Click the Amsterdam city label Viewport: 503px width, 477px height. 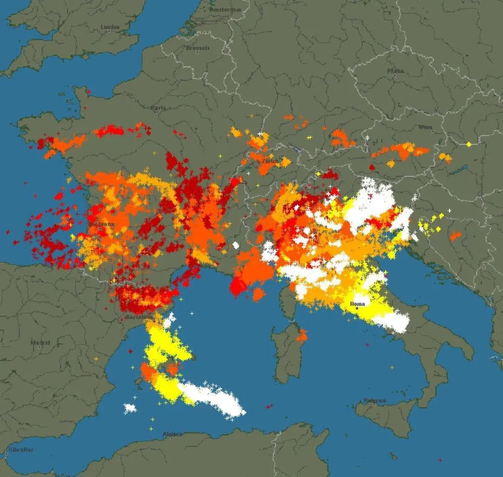[x=226, y=9]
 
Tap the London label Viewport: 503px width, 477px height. [x=110, y=27]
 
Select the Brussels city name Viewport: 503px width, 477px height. [x=198, y=48]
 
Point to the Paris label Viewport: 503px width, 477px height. [x=158, y=108]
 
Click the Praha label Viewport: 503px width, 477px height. [x=395, y=71]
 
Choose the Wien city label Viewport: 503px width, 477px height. [x=425, y=127]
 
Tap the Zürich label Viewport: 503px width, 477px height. [x=270, y=161]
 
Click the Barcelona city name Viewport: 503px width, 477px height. [x=139, y=318]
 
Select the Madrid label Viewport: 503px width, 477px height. [x=40, y=342]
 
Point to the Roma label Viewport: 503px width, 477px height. [x=357, y=304]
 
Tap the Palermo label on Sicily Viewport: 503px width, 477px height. [x=375, y=401]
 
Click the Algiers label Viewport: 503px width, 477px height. [x=172, y=434]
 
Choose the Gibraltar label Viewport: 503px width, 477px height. [x=20, y=450]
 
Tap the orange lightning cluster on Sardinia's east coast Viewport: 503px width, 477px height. [x=302, y=335]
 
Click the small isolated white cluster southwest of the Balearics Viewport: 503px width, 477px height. [x=130, y=408]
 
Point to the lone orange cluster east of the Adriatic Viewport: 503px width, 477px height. [x=455, y=236]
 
